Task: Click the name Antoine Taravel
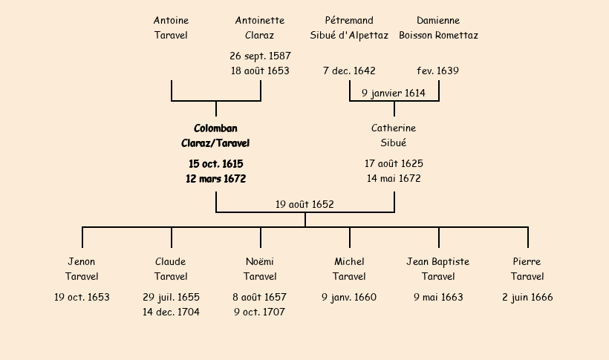click(171, 27)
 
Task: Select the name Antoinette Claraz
click(260, 27)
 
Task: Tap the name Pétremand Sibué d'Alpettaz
click(349, 27)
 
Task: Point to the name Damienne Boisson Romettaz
click(438, 27)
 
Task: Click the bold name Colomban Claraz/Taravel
click(215, 136)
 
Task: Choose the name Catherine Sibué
click(394, 136)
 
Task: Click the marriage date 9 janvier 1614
click(394, 94)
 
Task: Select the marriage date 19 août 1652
click(304, 204)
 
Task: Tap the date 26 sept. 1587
click(260, 56)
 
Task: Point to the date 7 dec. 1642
click(349, 71)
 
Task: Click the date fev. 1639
click(438, 71)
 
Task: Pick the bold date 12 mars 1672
click(215, 179)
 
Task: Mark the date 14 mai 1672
click(394, 179)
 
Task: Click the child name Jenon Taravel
click(82, 269)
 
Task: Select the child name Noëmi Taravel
click(260, 269)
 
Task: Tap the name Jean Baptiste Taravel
click(438, 269)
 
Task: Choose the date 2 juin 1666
click(527, 298)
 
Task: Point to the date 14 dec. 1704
click(171, 312)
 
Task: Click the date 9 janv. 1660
click(349, 298)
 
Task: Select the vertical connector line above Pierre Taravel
click(527, 238)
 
